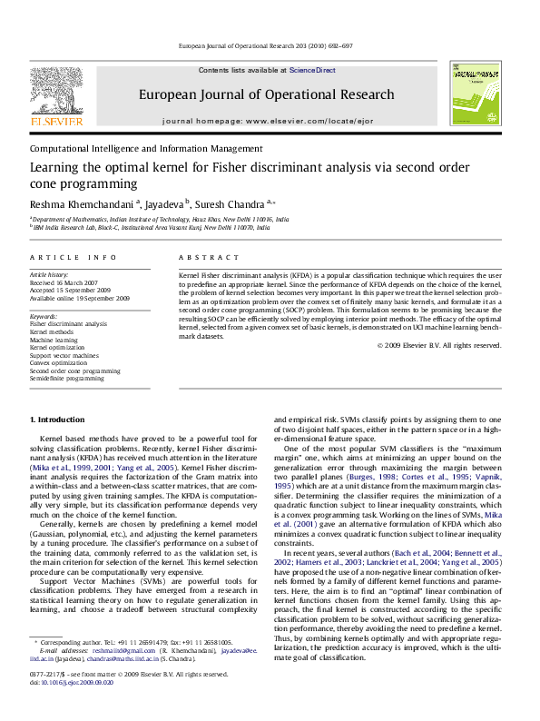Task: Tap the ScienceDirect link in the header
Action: (x=312, y=70)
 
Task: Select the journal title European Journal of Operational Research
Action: (x=266, y=94)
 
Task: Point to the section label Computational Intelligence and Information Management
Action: (x=146, y=148)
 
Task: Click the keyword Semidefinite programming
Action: (x=67, y=379)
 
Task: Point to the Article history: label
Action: (x=50, y=273)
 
